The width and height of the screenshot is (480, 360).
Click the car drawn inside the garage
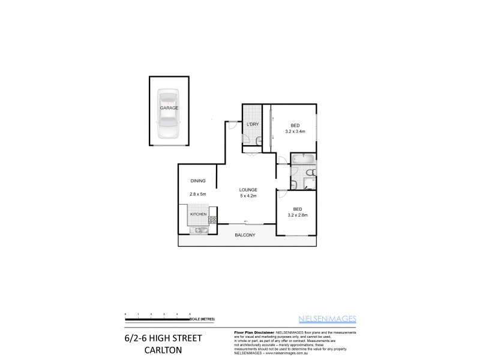pos(169,115)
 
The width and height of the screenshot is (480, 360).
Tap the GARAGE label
pos(169,107)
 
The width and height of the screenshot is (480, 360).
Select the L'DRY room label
pos(252,124)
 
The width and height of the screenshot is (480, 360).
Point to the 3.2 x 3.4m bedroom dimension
pos(295,131)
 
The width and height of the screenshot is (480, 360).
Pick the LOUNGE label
pos(248,190)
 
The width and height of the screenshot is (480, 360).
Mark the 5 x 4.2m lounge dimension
pos(248,196)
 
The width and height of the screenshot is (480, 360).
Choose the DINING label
pos(198,181)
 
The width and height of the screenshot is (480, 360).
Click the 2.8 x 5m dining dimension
pos(198,194)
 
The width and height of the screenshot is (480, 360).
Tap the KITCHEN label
pos(199,214)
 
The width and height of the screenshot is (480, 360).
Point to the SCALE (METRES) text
pos(204,318)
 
